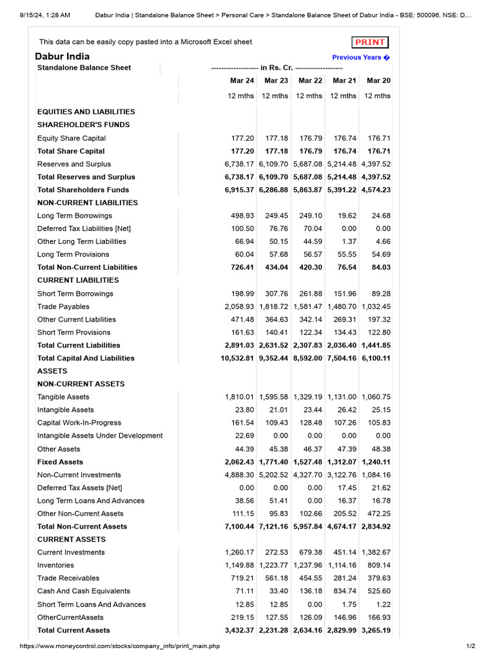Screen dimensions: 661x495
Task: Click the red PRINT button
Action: (x=370, y=43)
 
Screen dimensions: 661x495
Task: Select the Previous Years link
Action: (x=361, y=57)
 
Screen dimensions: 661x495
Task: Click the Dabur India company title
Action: (x=63, y=56)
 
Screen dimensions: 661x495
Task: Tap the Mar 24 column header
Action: (x=242, y=81)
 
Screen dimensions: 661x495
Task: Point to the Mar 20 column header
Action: (x=378, y=81)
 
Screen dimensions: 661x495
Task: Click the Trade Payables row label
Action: (x=63, y=307)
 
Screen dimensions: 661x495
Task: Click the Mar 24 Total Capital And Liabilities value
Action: (x=237, y=358)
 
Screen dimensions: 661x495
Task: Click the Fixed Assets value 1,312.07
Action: (x=342, y=462)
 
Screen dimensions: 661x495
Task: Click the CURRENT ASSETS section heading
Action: (x=72, y=540)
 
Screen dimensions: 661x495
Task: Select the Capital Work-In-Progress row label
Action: (x=79, y=423)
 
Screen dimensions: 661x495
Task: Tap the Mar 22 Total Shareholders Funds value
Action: (x=307, y=190)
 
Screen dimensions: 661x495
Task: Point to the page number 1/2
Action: (x=471, y=646)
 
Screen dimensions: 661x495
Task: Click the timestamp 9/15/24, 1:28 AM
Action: (x=44, y=15)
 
